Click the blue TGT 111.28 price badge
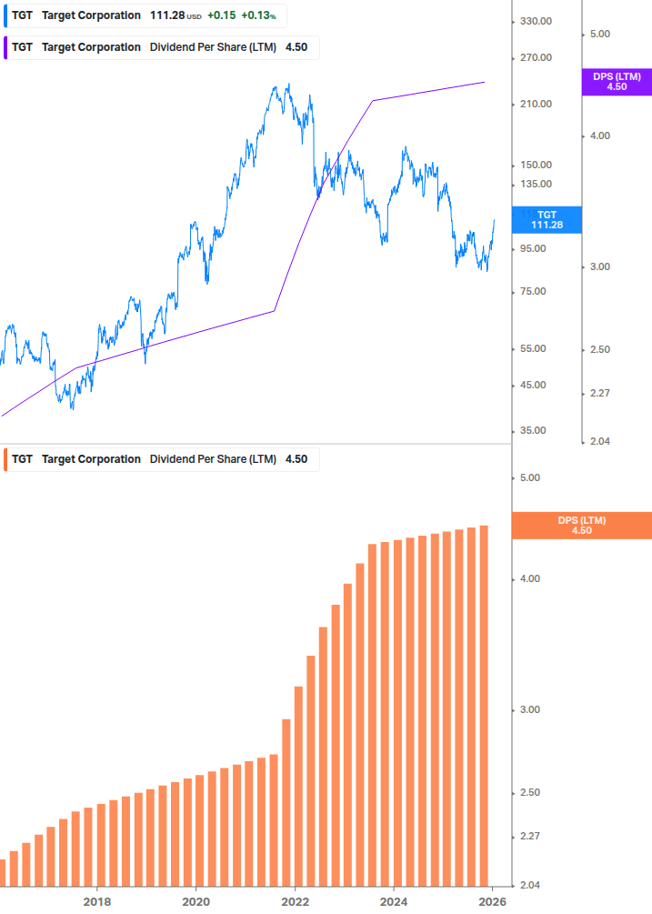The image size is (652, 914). (547, 219)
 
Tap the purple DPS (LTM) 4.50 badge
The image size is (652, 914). (616, 82)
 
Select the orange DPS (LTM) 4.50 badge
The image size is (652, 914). (581, 525)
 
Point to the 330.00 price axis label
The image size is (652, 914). (535, 21)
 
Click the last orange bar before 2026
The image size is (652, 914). (484, 705)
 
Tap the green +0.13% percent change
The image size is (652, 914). (258, 15)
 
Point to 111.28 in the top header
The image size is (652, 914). (167, 15)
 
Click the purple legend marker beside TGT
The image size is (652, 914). (5, 47)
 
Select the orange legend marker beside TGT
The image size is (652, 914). (5, 459)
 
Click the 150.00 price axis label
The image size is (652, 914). (535, 165)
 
